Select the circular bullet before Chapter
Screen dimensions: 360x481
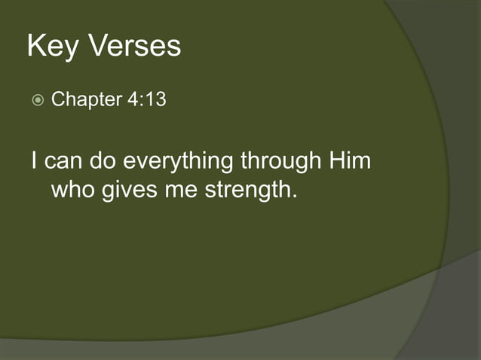pos(38,100)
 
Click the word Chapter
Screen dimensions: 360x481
pos(86,100)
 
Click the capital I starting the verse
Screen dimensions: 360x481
pos(35,161)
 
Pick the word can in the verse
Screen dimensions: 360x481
pos(65,162)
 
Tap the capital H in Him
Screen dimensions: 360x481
pos(335,161)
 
